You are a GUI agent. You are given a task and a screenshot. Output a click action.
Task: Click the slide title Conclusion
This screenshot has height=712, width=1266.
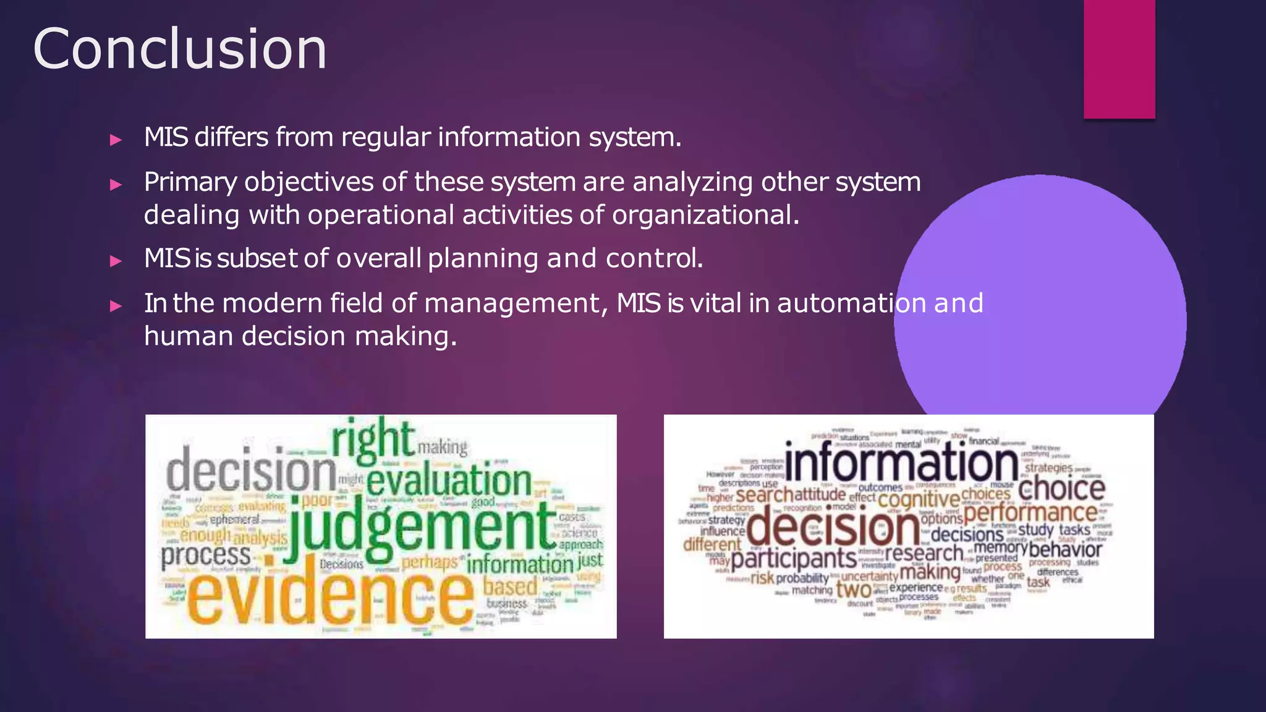coord(179,49)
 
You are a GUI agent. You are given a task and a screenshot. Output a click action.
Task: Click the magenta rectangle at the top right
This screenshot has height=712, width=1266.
coord(1119,59)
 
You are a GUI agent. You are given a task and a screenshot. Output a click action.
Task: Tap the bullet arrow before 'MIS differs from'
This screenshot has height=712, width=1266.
coord(116,140)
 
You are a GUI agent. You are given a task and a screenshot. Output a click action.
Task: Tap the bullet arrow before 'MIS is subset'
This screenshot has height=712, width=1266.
coord(116,261)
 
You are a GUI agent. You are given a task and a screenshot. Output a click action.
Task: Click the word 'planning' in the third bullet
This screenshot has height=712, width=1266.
coord(482,258)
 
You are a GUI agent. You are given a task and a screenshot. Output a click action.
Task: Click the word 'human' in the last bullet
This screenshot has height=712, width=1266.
coord(188,336)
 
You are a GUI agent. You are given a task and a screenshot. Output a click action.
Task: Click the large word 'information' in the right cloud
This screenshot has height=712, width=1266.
coord(901,464)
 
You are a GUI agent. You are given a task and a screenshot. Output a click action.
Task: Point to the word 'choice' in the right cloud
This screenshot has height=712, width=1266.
coord(1061,489)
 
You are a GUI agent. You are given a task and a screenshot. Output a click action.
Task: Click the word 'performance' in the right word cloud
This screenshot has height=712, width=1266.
coord(1030,512)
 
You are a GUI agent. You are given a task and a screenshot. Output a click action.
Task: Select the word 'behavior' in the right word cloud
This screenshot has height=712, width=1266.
coord(1065,549)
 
